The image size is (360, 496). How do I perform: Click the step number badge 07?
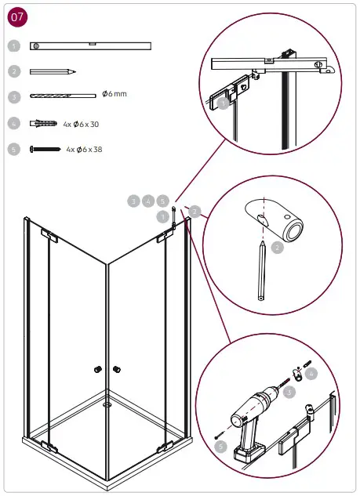(17, 16)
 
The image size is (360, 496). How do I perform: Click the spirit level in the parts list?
(89, 46)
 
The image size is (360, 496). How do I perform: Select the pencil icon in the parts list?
(53, 71)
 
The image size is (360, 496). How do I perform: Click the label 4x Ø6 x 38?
(84, 149)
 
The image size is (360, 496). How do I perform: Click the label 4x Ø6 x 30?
(81, 124)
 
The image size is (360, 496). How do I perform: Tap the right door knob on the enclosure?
(116, 368)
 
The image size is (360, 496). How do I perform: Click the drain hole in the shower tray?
(107, 405)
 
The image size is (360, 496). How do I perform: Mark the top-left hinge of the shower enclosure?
(48, 235)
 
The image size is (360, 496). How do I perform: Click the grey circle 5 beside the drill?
(222, 447)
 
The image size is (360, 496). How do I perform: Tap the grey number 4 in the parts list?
(13, 123)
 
